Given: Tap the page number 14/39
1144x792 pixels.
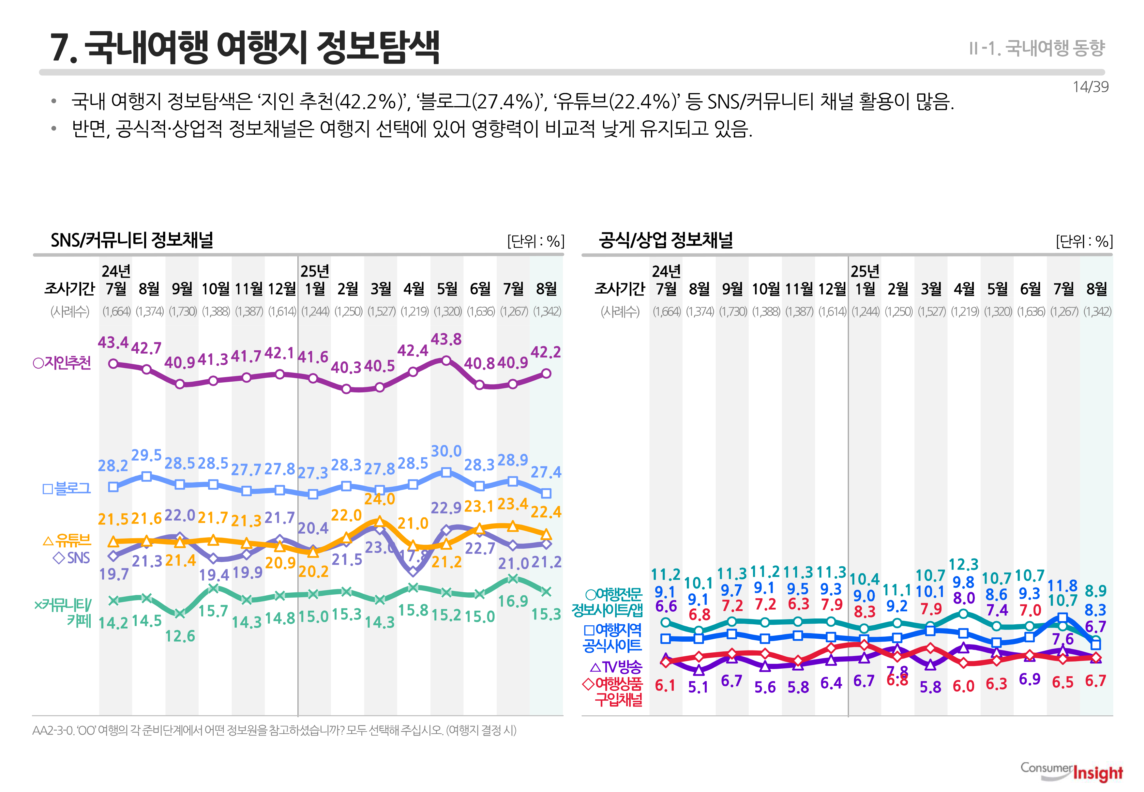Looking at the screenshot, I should coord(1090,87).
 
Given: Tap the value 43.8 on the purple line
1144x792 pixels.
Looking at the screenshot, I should coord(446,340).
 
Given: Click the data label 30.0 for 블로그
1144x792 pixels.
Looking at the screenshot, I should coord(446,451).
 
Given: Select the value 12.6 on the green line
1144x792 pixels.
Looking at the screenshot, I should coord(180,636).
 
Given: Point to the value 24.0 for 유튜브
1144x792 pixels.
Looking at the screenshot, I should coord(380,499).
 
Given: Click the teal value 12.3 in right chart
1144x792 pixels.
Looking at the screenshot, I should coord(963,564).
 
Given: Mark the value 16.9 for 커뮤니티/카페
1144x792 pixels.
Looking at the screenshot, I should coord(513,602).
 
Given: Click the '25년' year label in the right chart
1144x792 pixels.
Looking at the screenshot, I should coord(865,271).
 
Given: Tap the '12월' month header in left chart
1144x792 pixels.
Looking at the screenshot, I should coord(281,288).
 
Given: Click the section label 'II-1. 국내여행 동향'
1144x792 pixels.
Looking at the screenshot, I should coord(1036,48).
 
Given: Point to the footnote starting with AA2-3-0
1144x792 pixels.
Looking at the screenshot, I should coord(274,730).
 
